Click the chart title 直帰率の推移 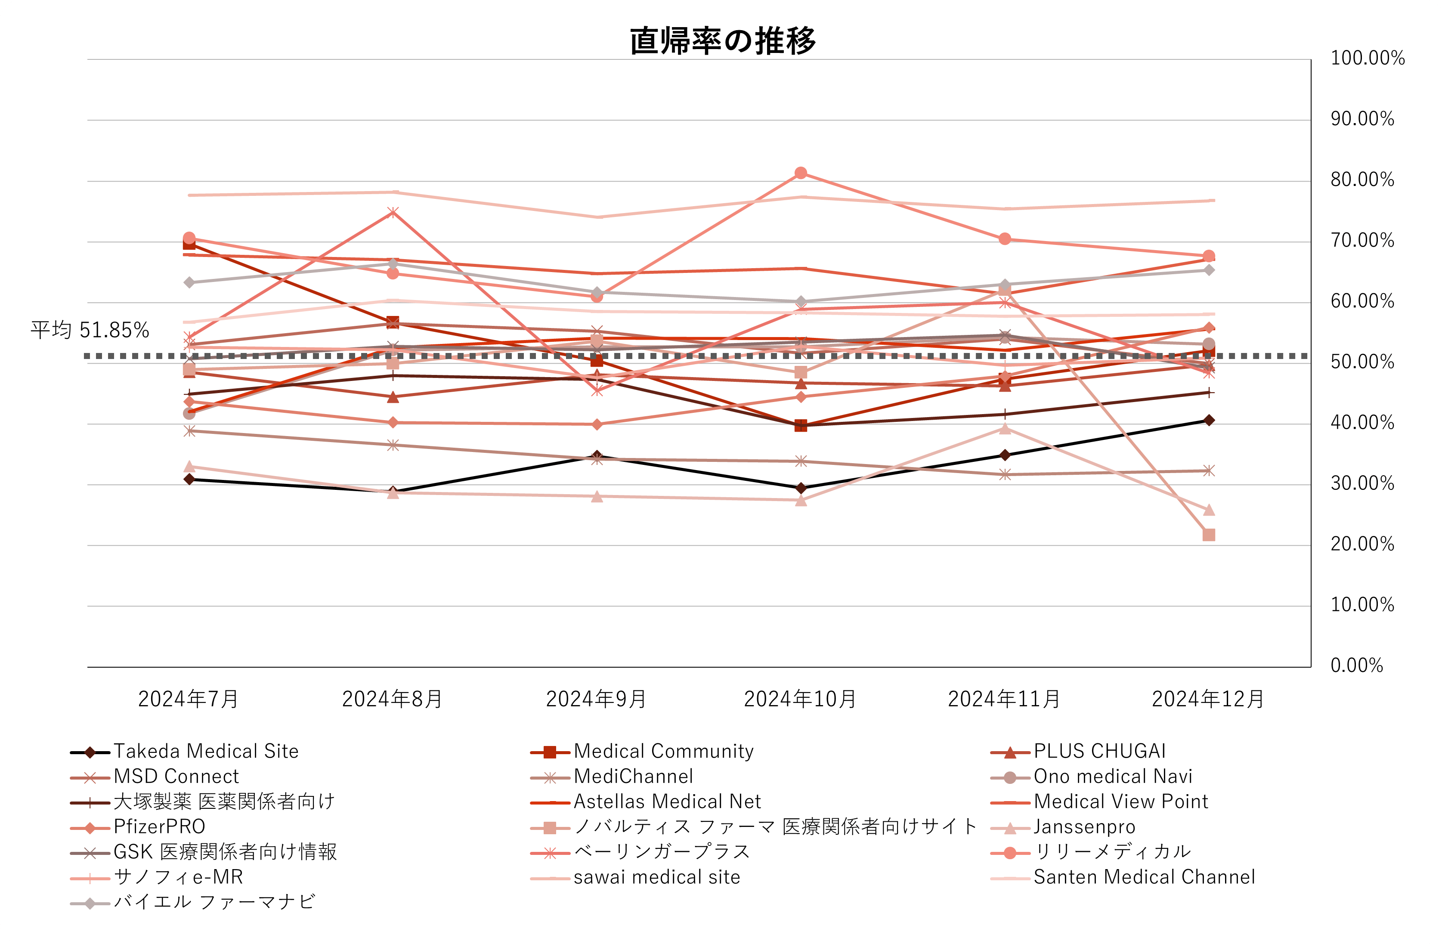point(722,41)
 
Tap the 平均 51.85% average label point(90,330)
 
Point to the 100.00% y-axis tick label point(1367,58)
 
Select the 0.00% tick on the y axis point(1356,665)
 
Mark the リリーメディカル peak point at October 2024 point(801,173)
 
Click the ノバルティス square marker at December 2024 point(1209,535)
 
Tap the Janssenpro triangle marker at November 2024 point(1005,429)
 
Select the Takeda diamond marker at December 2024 point(1209,420)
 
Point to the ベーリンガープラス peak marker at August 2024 point(393,212)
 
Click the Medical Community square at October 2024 point(801,426)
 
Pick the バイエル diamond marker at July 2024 point(189,282)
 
